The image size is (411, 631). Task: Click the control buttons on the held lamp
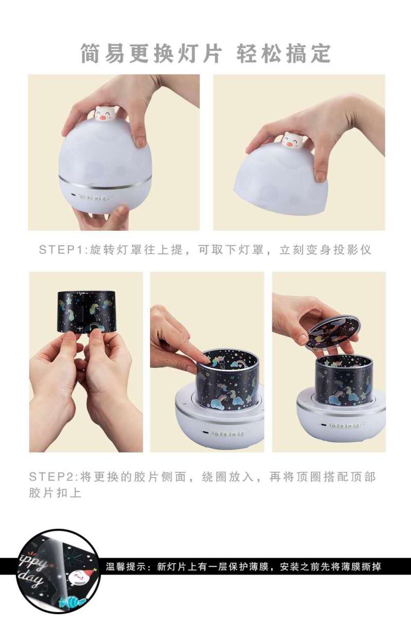[x=94, y=196]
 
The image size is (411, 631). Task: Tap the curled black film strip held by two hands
[x=86, y=311]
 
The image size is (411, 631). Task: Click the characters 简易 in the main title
[x=103, y=53]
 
